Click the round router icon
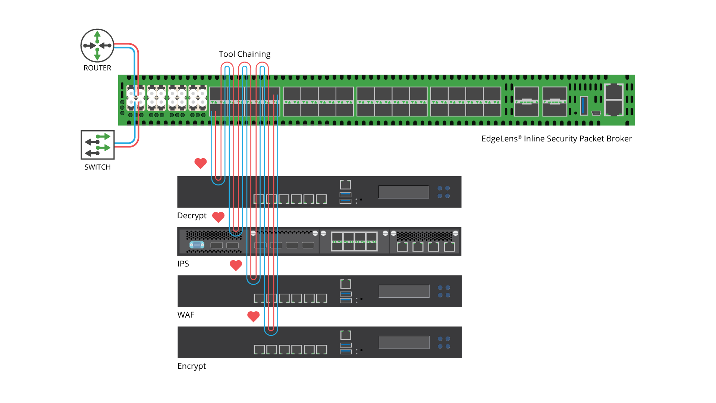(97, 46)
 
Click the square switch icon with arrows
(98, 145)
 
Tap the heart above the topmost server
(201, 163)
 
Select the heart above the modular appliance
(218, 217)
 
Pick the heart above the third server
(236, 265)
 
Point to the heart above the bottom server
(253, 316)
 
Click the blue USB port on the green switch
(584, 106)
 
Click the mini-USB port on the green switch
(596, 113)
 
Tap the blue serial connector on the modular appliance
(197, 245)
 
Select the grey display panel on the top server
(403, 192)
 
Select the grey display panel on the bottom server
(404, 342)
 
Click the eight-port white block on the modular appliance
(354, 241)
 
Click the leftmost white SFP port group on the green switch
(136, 98)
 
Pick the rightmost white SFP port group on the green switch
(198, 98)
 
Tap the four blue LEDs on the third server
(444, 291)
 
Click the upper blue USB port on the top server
(345, 194)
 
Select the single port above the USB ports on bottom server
(346, 335)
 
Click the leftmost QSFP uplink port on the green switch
(527, 101)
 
